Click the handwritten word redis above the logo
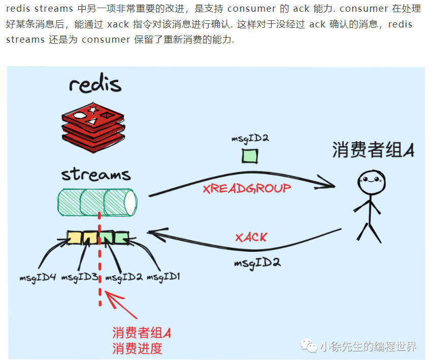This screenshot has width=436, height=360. [95, 84]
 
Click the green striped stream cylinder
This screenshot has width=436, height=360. [97, 202]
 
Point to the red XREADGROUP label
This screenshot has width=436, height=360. [247, 188]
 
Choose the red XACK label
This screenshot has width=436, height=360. [251, 237]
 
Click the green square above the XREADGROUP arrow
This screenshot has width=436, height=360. [250, 155]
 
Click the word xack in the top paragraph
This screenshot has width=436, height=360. [118, 24]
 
